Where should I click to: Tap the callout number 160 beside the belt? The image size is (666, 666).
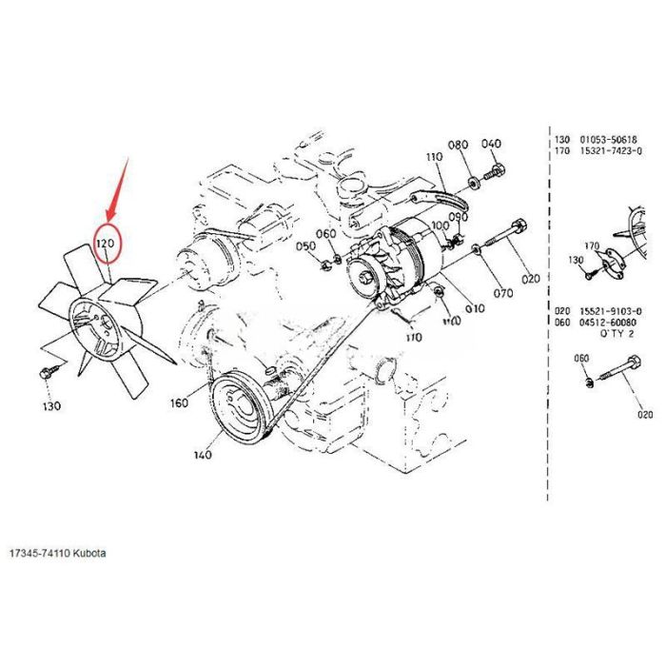pos(179,402)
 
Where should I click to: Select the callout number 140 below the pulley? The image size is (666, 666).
pos(202,456)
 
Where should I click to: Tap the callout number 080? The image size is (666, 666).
pos(459,145)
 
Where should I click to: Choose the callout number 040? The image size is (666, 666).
pos(491,145)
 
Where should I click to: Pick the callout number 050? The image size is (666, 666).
pos(304,246)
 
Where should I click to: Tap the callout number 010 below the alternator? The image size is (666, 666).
pos(474,308)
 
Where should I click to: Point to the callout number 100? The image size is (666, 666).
pos(440,226)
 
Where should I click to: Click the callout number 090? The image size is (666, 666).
pos(460,218)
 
